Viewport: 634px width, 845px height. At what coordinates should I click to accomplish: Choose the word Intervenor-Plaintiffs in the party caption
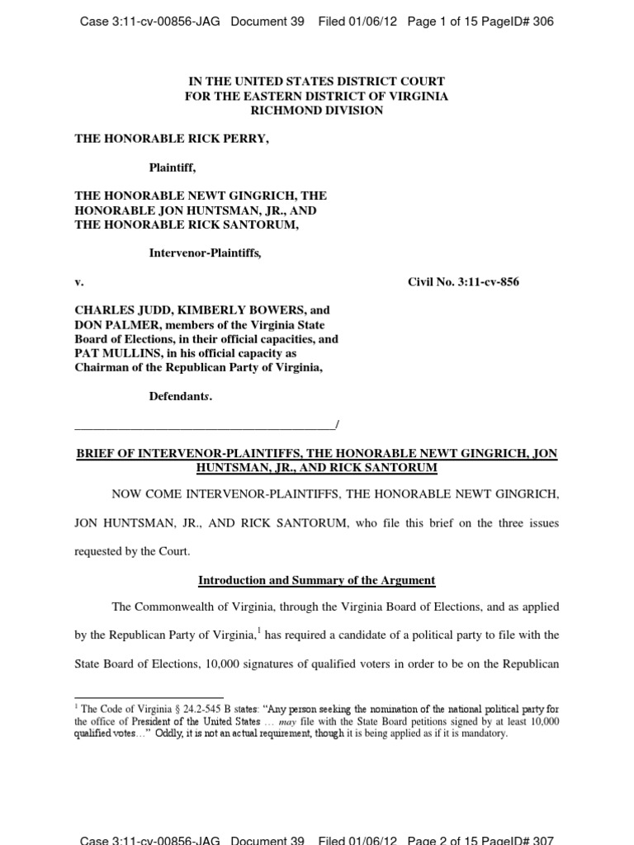pyautogui.click(x=205, y=253)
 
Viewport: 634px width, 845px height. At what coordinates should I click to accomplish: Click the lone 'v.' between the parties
pyautogui.click(x=79, y=282)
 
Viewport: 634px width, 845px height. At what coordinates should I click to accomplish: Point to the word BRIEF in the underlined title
pyautogui.click(x=94, y=453)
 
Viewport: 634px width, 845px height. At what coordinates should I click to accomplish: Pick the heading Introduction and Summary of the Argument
pyautogui.click(x=316, y=580)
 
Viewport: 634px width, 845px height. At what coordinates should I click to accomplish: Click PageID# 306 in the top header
pyautogui.click(x=522, y=21)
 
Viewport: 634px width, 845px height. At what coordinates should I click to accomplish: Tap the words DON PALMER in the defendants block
pyautogui.click(x=108, y=325)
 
